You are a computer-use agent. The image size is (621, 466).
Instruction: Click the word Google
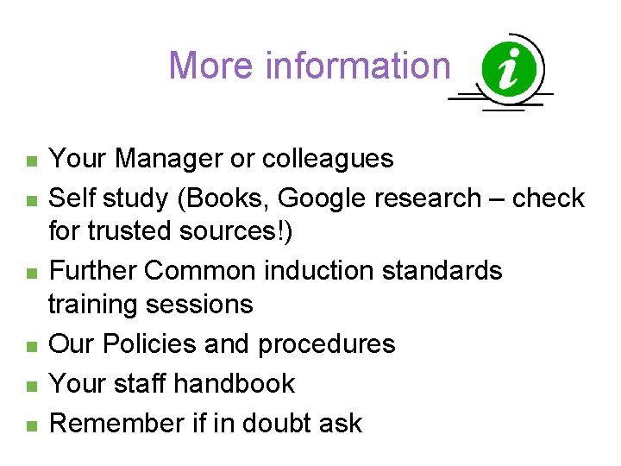coord(323,198)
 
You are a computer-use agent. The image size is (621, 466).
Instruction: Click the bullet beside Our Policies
coord(31,346)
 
